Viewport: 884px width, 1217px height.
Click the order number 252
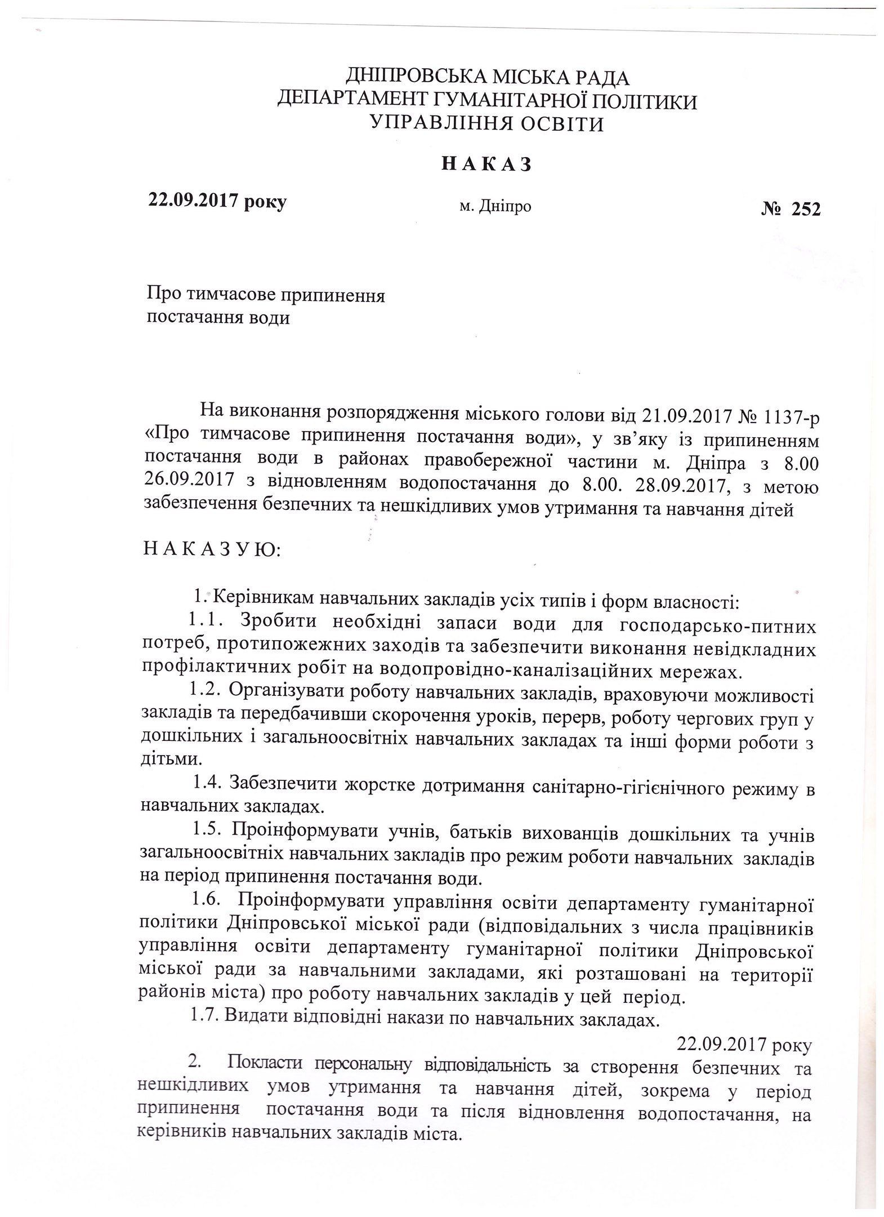805,208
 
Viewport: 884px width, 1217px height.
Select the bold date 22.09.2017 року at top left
217,201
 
